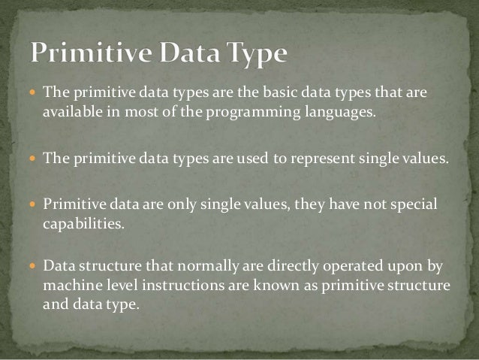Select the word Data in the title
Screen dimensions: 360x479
coord(188,54)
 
